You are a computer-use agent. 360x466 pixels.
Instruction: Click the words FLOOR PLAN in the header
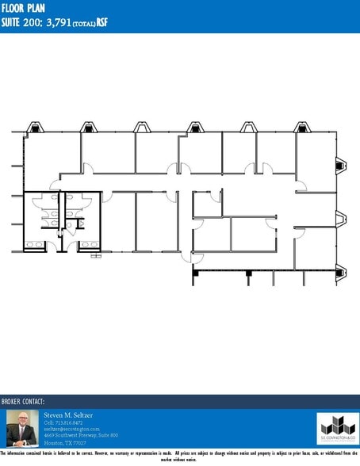(24, 7)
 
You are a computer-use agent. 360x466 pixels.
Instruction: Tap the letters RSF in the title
(101, 21)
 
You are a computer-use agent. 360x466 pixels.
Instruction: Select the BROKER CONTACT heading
(23, 402)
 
